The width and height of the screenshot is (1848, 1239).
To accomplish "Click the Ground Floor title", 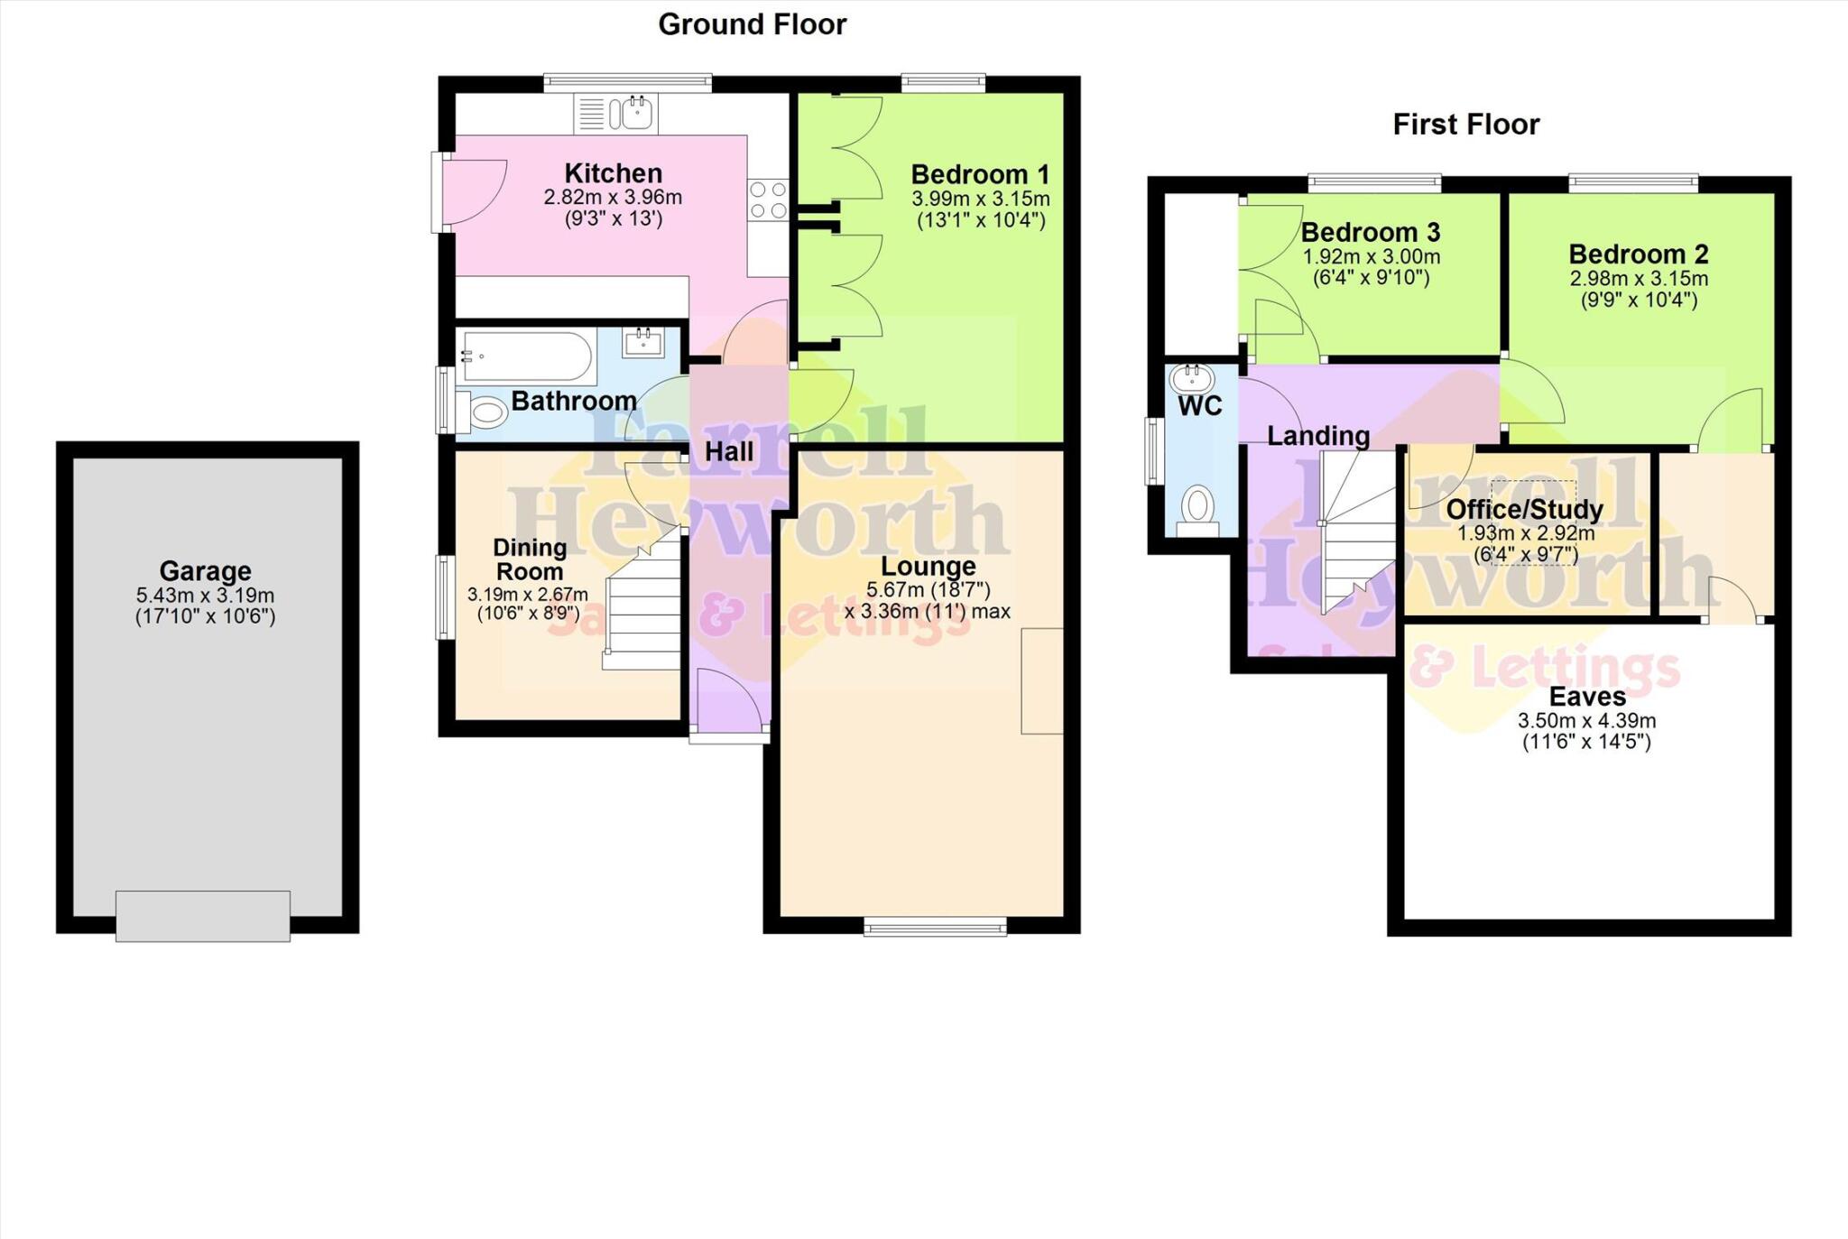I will point(752,24).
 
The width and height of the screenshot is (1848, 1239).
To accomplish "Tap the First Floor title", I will point(1465,125).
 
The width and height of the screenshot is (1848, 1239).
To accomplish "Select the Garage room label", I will point(205,571).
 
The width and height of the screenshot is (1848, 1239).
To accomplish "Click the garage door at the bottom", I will point(203,915).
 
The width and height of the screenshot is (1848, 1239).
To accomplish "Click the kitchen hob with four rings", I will point(768,200).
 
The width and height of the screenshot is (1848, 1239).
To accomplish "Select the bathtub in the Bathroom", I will point(525,356).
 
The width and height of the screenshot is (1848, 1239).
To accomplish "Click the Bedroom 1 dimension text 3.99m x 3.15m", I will point(980,199).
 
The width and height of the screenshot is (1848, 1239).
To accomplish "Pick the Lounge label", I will point(928,567).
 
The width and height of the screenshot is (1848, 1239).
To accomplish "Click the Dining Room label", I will point(530,559).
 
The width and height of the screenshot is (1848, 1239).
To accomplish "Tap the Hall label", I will point(728,452).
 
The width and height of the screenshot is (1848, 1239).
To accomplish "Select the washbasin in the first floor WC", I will point(1192,376).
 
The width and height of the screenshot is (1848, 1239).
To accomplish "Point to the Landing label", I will point(1317,437).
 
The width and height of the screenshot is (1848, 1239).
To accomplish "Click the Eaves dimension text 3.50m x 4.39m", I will point(1586,721).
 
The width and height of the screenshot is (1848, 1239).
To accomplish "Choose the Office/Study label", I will point(1524,510).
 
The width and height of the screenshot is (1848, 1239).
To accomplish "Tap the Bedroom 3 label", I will point(1370,233).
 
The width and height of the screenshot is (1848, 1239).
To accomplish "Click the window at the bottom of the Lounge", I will point(935,926).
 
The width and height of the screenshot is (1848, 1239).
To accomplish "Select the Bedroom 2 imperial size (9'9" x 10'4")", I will point(1638,301).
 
